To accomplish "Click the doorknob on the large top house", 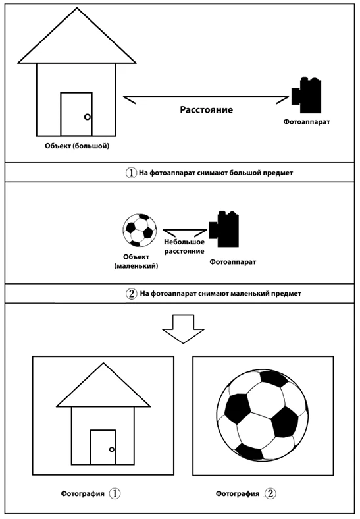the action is tap(88, 117).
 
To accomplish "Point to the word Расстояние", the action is tap(206, 110).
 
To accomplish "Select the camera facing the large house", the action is tap(307, 95).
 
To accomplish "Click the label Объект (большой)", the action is tap(77, 146).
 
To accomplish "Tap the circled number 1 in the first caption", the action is tap(131, 173).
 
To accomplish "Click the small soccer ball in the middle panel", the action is tap(140, 231).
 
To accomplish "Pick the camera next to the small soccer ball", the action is tap(224, 229).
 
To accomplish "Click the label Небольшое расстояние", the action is tap(184, 246).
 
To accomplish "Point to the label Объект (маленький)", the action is tap(136, 261).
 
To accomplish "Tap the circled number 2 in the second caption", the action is tap(132, 294).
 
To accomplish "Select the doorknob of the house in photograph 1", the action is tap(112, 449).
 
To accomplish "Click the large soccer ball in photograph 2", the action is tap(263, 416).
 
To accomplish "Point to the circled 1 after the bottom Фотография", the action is tap(115, 493).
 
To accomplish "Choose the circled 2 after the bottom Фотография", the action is tap(270, 493).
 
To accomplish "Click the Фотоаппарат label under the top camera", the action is tap(307, 121).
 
